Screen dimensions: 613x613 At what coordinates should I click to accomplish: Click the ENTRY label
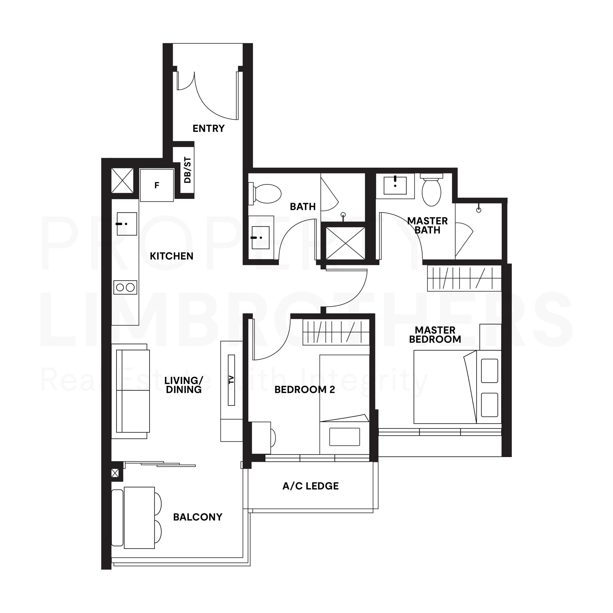(x=209, y=129)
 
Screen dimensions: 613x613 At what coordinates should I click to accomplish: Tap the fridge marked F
(x=157, y=185)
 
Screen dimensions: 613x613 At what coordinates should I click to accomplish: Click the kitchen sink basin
(x=127, y=224)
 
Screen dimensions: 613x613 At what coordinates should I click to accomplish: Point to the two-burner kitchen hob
(x=125, y=287)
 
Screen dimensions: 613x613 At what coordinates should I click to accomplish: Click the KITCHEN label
(x=171, y=256)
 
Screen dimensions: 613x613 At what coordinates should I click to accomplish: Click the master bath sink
(x=395, y=186)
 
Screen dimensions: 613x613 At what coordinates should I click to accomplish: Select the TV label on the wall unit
(x=231, y=380)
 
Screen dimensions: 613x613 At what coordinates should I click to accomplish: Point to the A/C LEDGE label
(x=311, y=486)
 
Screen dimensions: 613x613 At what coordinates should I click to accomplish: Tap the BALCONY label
(x=198, y=517)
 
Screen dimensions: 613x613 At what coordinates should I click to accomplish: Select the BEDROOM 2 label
(x=305, y=390)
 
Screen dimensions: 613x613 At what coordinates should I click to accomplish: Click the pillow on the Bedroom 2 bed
(x=345, y=437)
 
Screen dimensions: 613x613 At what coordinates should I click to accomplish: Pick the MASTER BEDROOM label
(x=435, y=335)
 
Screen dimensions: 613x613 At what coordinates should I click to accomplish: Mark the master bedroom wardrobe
(x=464, y=278)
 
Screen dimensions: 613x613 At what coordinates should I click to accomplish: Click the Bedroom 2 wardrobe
(x=336, y=332)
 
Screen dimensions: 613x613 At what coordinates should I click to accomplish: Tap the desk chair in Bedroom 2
(x=273, y=438)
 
